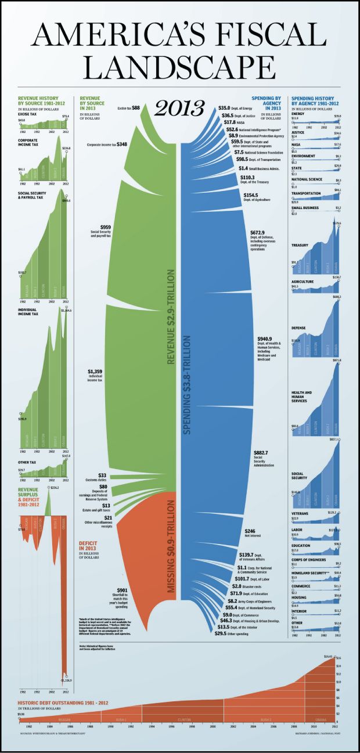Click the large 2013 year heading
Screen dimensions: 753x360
coord(179,107)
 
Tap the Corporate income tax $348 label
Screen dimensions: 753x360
coord(107,144)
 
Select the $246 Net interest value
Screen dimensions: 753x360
coord(250,531)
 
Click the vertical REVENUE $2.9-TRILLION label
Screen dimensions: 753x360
coord(171,317)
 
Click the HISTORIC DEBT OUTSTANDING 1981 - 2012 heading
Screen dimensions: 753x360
coord(56,704)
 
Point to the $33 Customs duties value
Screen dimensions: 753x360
coord(102,475)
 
